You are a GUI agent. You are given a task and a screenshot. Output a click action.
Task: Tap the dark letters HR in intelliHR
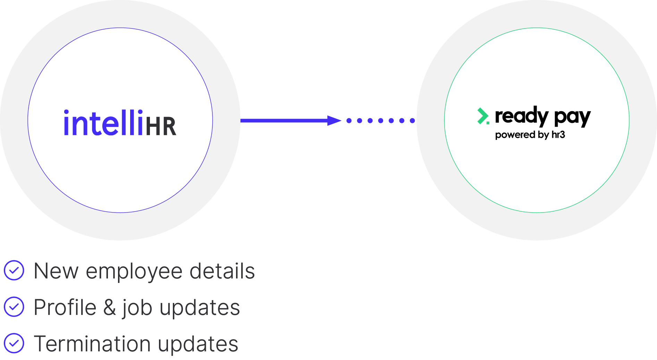click(x=161, y=126)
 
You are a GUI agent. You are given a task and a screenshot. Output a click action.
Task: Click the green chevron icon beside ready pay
click(x=483, y=116)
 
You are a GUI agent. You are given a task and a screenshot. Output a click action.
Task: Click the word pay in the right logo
click(x=572, y=117)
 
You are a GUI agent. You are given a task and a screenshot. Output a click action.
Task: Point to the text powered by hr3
click(x=530, y=135)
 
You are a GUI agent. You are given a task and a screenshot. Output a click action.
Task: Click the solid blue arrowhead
click(x=334, y=120)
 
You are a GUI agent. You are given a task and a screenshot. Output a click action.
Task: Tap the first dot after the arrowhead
click(x=349, y=120)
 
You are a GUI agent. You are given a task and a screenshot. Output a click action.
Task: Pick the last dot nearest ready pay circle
click(x=412, y=120)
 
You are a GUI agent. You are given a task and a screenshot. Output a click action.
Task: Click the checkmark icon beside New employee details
click(x=14, y=270)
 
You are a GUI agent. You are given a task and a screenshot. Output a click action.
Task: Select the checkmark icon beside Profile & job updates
click(x=14, y=307)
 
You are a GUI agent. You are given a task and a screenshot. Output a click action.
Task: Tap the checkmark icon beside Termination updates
click(x=14, y=343)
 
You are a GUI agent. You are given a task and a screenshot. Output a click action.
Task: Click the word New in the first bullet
click(x=56, y=271)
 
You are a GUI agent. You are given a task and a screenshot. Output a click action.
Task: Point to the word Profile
click(x=65, y=308)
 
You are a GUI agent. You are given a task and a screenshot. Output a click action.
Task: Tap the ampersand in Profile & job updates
click(x=110, y=308)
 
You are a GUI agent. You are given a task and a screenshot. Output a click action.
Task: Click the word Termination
click(x=92, y=344)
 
